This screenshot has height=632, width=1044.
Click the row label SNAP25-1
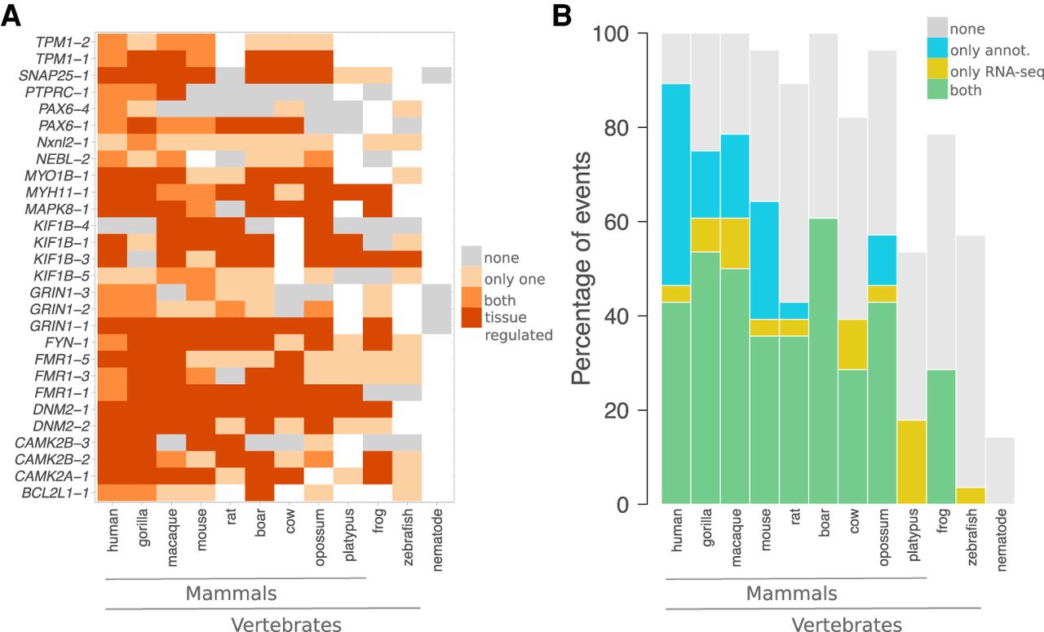[64, 75]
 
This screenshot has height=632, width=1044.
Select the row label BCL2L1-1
[66, 493]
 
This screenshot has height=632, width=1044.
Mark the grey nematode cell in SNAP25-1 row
[437, 75]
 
